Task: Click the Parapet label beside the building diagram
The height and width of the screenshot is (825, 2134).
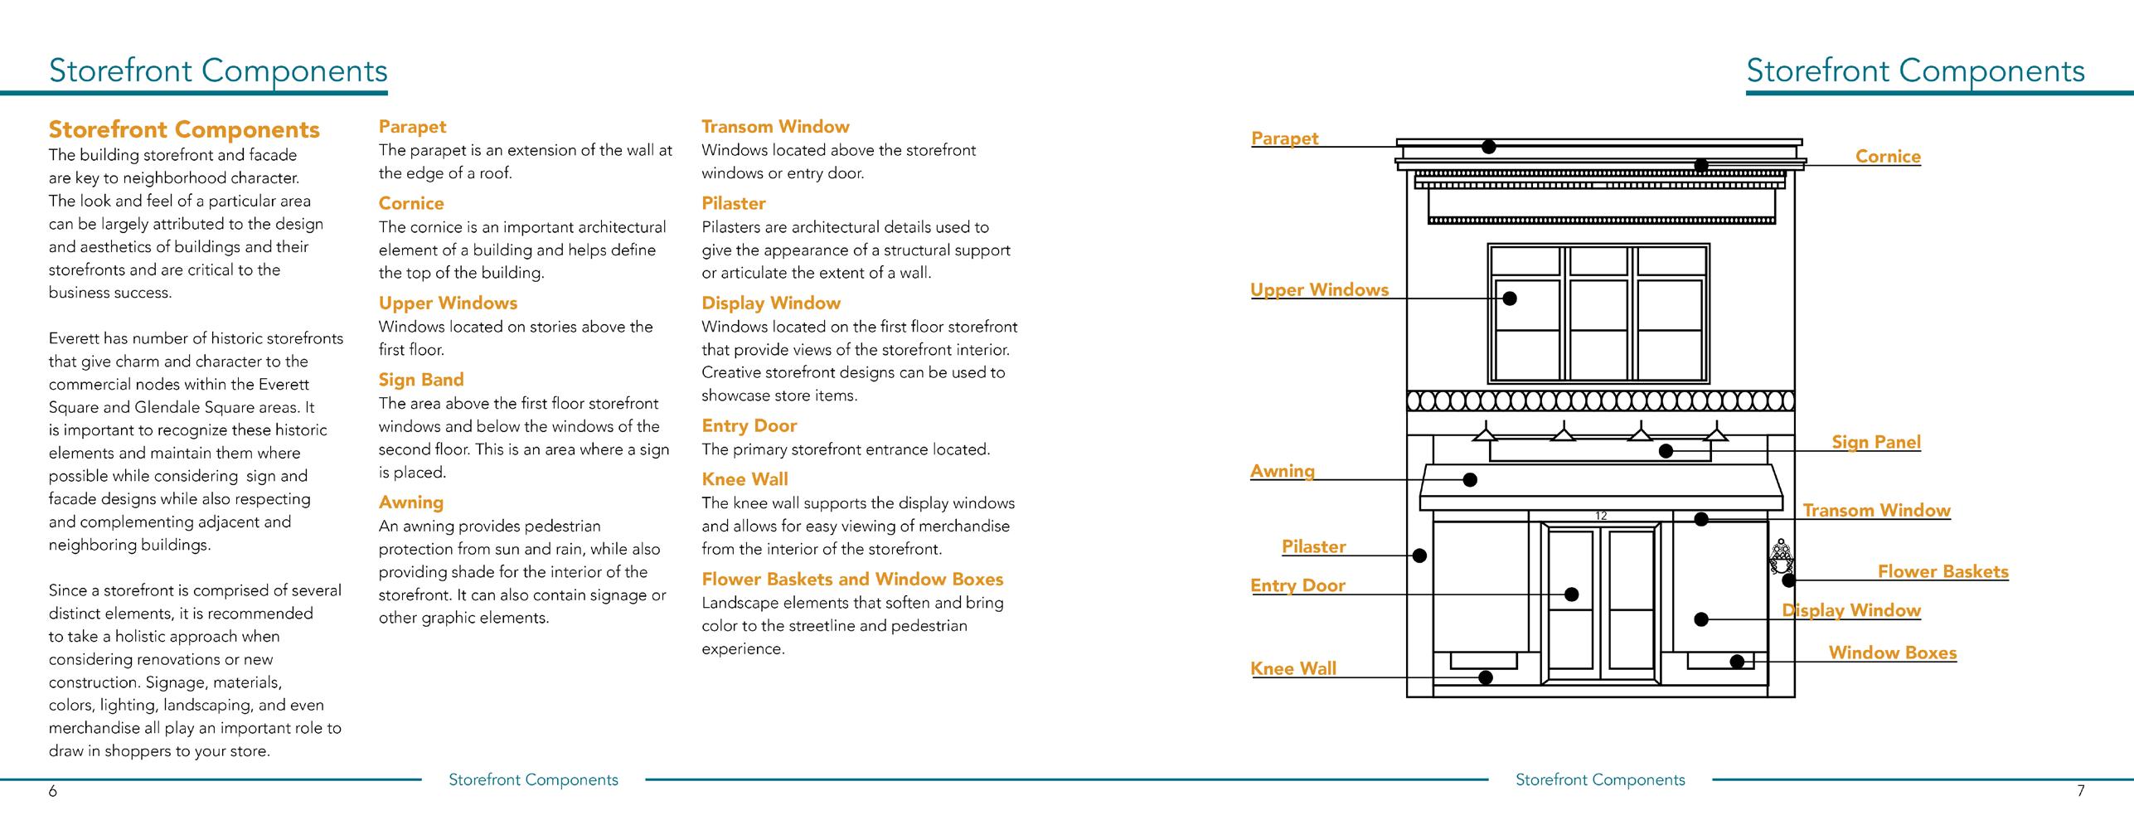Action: tap(1284, 138)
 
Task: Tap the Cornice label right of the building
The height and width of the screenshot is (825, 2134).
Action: tap(1888, 157)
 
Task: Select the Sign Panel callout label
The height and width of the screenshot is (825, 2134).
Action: tap(1875, 442)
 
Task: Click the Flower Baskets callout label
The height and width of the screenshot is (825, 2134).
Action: tap(1942, 571)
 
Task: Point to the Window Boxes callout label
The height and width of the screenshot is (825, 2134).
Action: tap(1892, 653)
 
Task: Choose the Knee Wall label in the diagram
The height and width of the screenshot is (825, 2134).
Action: tap(1293, 668)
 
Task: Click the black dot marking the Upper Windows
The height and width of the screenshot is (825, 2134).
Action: tap(1510, 298)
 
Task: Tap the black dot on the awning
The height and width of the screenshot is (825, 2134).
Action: tap(1470, 479)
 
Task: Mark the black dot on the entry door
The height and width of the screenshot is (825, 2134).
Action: tap(1571, 594)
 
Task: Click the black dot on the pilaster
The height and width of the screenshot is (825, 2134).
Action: tap(1419, 556)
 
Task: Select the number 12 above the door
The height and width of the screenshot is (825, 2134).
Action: tap(1601, 516)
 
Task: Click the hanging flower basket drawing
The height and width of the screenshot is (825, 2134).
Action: tap(1780, 557)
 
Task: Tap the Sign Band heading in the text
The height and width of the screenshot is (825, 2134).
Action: tap(421, 380)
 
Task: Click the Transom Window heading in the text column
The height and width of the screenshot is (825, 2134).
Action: tap(775, 127)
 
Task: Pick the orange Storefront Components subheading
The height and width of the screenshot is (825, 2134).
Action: tap(184, 129)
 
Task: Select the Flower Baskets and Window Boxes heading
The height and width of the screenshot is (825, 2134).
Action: tap(852, 580)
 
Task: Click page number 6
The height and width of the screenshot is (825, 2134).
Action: tap(53, 791)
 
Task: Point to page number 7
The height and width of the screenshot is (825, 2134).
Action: tap(2080, 791)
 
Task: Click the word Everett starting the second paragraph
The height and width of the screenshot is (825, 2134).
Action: tap(75, 338)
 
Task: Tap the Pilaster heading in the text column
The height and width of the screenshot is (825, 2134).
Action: tap(733, 203)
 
